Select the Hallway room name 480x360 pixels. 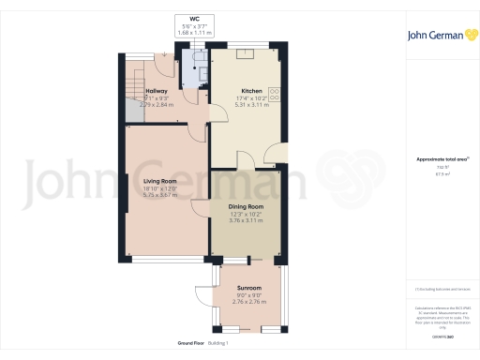[156, 91]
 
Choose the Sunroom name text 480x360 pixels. [248, 288]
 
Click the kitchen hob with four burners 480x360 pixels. [276, 54]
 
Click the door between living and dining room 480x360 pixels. [201, 212]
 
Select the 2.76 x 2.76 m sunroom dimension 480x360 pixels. [248, 303]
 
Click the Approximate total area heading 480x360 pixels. [440, 159]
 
